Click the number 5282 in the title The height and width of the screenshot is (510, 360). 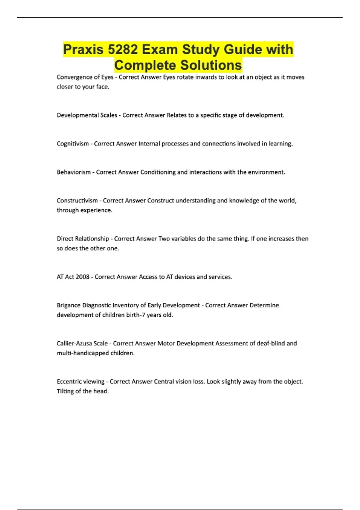(122, 49)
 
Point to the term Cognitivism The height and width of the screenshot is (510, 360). (72, 144)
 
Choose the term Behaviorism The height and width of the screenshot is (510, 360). (73, 172)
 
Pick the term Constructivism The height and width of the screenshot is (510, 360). (77, 200)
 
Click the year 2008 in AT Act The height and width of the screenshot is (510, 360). (82, 277)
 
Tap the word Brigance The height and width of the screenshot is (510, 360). (68, 305)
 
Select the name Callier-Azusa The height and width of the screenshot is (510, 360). (75, 343)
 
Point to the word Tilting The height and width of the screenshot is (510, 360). (65, 391)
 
